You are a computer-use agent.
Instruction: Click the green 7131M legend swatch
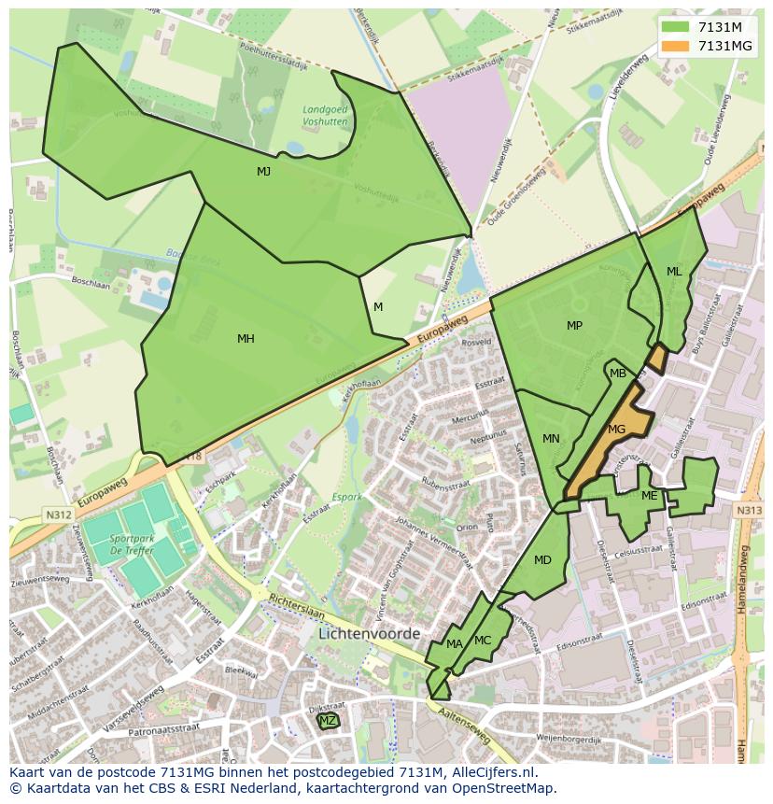(x=675, y=27)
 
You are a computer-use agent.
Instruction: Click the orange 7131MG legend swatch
(x=675, y=46)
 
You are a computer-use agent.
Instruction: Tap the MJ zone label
(x=264, y=171)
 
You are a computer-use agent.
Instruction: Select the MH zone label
(x=246, y=339)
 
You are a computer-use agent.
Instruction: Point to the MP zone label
(x=574, y=326)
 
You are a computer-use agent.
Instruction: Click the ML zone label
(x=674, y=272)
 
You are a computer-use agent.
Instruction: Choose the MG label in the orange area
(x=616, y=430)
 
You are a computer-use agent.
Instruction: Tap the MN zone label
(x=551, y=439)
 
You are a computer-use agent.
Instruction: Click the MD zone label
(x=542, y=560)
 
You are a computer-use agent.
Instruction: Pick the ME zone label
(x=649, y=496)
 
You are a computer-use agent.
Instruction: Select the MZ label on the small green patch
(x=328, y=721)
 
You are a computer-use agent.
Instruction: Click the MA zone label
(x=454, y=644)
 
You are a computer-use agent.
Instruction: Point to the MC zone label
(x=483, y=641)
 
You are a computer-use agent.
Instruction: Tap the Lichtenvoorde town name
(x=370, y=633)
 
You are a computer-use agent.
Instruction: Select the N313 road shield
(x=749, y=511)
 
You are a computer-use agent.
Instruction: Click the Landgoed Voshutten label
(x=325, y=116)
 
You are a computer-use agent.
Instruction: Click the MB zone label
(x=618, y=374)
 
